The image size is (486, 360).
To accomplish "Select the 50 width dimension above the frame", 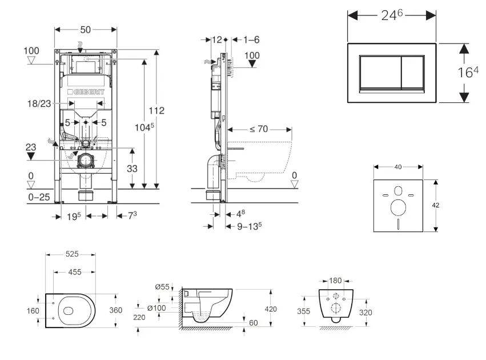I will [x=86, y=29].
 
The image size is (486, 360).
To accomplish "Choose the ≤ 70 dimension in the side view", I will [x=258, y=129].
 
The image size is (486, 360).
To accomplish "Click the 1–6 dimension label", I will [x=251, y=39].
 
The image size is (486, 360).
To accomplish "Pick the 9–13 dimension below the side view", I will [x=250, y=225].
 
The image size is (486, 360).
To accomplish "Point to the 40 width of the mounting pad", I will [x=397, y=166].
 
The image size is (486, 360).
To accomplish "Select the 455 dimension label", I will [x=74, y=272].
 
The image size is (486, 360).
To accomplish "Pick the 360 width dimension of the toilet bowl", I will [x=117, y=310].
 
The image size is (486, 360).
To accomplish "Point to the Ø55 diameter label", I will [x=162, y=287].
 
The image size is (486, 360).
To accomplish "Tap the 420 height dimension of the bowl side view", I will [x=271, y=309].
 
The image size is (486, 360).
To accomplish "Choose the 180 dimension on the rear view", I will [x=336, y=281].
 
